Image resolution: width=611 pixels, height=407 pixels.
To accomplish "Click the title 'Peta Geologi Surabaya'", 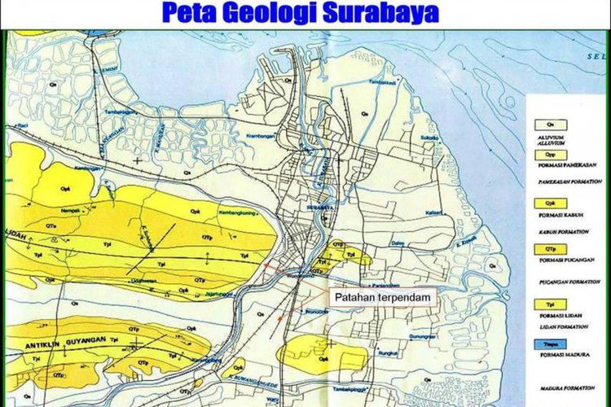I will click(x=300, y=13).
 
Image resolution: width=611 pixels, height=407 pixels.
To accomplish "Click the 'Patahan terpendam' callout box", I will click(x=382, y=298).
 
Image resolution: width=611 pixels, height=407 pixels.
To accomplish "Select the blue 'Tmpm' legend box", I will click(x=549, y=344).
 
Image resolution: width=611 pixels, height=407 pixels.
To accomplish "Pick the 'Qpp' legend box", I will click(x=549, y=153).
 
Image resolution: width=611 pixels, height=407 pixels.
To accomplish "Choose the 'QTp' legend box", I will click(x=549, y=249).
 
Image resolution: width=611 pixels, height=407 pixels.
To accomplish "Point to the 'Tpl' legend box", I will click(x=549, y=304).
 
